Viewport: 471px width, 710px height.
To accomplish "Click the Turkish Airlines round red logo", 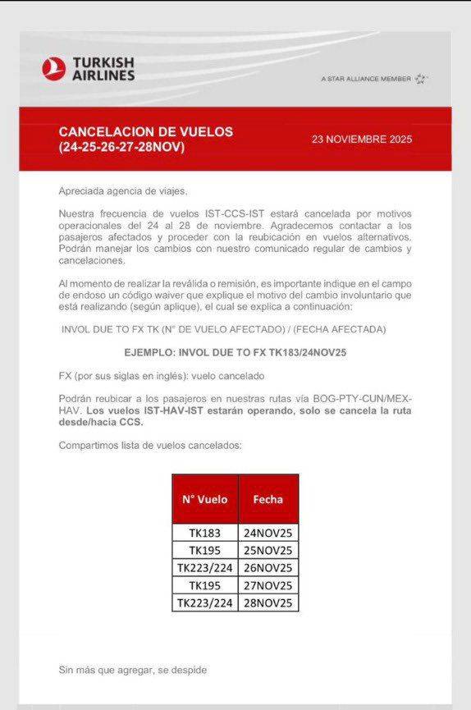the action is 53,69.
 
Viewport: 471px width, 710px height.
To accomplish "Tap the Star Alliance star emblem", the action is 421,79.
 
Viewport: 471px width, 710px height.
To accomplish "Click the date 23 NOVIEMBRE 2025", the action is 362,139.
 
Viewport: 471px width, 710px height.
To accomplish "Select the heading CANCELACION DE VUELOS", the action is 146,131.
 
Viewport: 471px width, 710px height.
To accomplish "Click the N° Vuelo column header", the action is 204,498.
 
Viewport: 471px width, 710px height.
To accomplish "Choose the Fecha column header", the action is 268,498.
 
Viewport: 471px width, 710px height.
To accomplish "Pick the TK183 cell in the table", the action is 204,532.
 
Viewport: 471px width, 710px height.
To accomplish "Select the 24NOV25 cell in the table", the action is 268,532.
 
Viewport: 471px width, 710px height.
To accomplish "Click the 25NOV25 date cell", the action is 268,549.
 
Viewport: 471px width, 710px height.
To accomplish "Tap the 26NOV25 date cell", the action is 268,567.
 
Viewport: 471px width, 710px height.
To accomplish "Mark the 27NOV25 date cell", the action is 268,585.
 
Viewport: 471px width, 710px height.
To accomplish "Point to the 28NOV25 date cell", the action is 268,603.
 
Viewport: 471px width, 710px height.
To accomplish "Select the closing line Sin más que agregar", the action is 132,670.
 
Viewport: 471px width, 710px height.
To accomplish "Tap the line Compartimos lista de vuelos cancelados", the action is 150,445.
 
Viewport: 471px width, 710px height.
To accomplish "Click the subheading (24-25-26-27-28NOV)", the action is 121,147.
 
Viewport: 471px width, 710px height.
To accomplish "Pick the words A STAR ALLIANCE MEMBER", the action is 366,80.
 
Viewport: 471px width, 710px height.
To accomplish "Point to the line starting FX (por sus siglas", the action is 161,376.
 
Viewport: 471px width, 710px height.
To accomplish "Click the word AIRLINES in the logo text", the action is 103,76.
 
